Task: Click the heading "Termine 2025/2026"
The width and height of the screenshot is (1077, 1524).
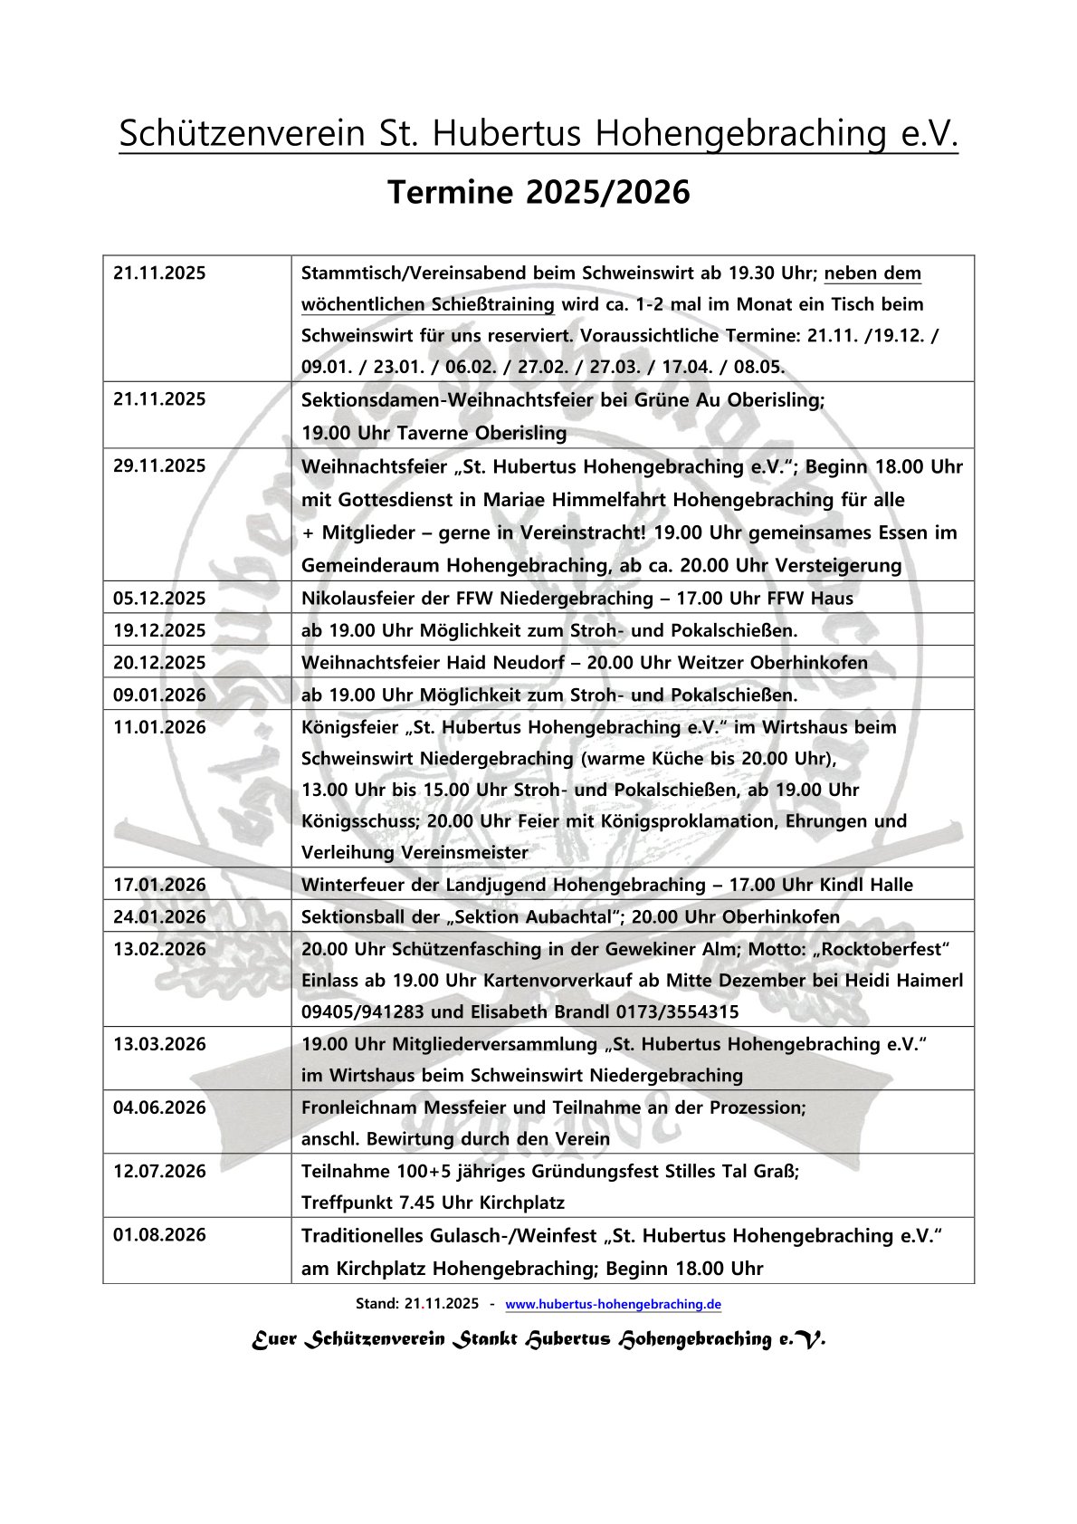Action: pyautogui.click(x=538, y=192)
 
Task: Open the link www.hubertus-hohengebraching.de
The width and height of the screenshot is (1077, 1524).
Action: pyautogui.click(x=613, y=1304)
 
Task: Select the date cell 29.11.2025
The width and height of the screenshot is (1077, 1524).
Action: pyautogui.click(x=159, y=466)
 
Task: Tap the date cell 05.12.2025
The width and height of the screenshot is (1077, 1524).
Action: pyautogui.click(x=159, y=598)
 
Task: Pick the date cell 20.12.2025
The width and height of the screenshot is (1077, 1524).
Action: pyautogui.click(x=159, y=662)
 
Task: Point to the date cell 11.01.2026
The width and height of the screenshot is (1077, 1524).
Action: pyautogui.click(x=159, y=727)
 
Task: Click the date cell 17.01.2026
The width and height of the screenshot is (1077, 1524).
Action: pyautogui.click(x=159, y=884)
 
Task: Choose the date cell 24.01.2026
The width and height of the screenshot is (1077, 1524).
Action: pyautogui.click(x=159, y=916)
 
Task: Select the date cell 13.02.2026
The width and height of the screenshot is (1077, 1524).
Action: pyautogui.click(x=159, y=949)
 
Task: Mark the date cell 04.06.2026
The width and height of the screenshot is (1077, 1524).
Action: pyautogui.click(x=159, y=1107)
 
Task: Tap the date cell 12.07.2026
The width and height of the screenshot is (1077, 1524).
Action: pyautogui.click(x=159, y=1171)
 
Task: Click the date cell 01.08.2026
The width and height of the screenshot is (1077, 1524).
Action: pyautogui.click(x=159, y=1235)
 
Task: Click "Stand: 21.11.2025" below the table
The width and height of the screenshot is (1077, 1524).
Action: pyautogui.click(x=417, y=1304)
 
